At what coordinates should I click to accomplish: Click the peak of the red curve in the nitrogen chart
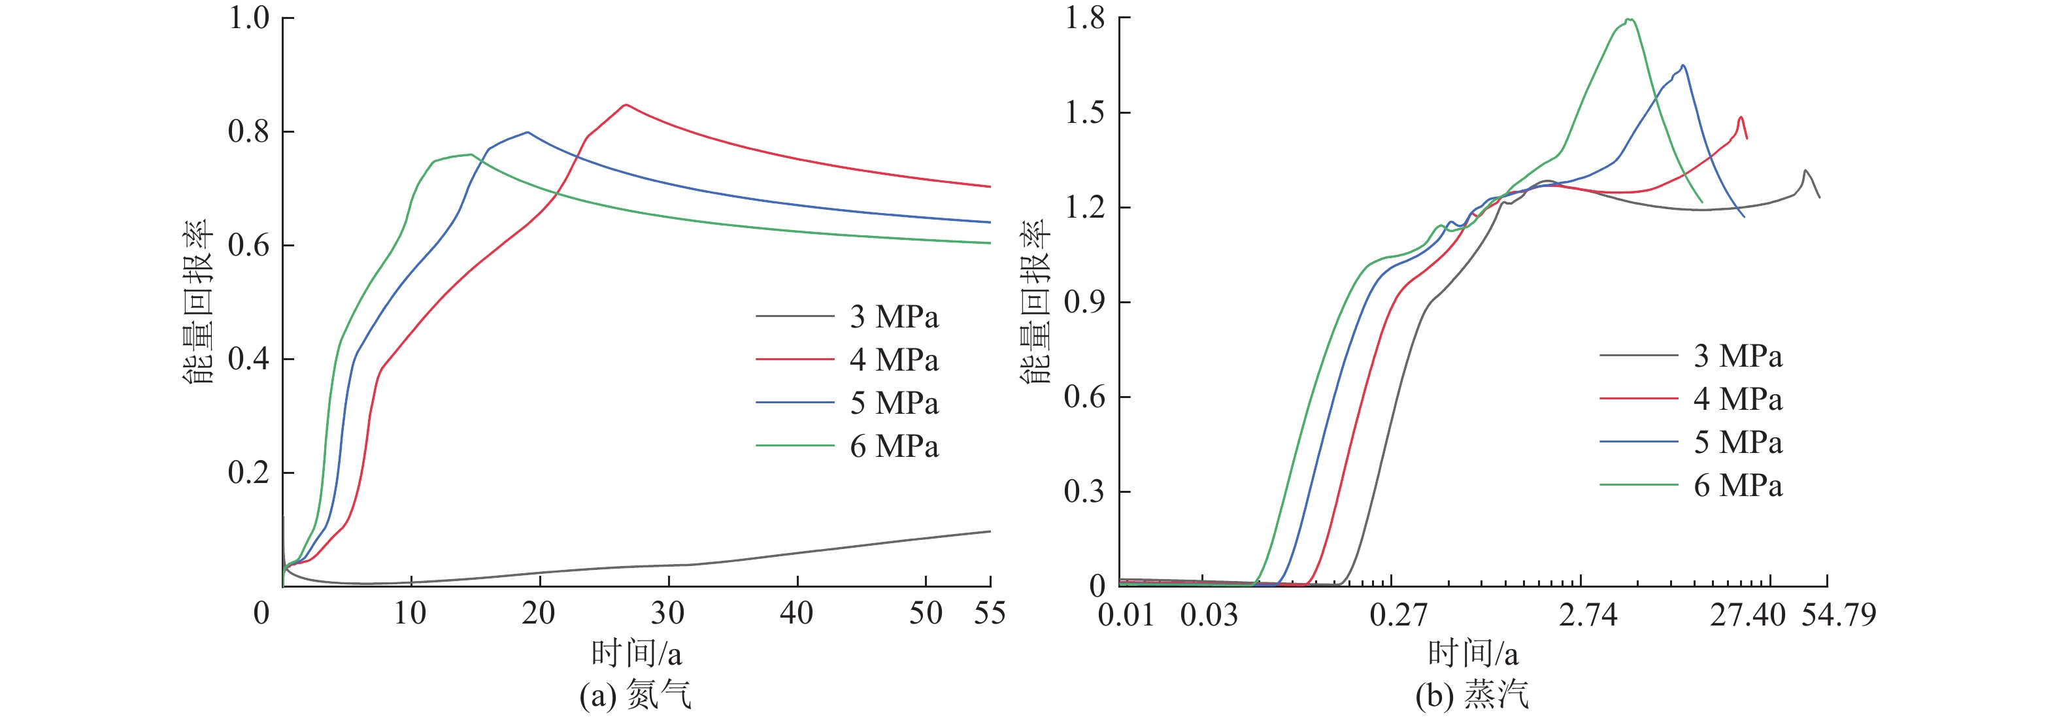click(x=625, y=105)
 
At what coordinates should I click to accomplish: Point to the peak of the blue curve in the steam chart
click(x=1683, y=65)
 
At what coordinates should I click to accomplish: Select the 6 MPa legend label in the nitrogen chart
click(x=894, y=446)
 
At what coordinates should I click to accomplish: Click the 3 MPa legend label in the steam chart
click(x=1737, y=356)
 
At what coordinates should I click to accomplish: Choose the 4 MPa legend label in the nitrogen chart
click(x=894, y=359)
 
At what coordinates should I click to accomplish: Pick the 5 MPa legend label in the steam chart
click(x=1737, y=442)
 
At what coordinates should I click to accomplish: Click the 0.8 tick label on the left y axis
click(x=248, y=131)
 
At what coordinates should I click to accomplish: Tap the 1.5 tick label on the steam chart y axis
click(x=1084, y=112)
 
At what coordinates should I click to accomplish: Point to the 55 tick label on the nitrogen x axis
click(x=990, y=613)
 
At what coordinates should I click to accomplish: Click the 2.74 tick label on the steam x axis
click(x=1588, y=614)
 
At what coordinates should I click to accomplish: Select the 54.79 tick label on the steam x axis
click(x=1838, y=614)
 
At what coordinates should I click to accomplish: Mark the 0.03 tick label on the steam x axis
click(x=1209, y=614)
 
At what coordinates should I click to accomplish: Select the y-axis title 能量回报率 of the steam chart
click(x=1036, y=302)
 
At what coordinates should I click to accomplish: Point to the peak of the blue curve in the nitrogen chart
click(x=527, y=132)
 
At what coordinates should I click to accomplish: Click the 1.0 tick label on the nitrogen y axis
click(x=248, y=18)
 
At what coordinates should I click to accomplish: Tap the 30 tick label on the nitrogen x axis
click(x=667, y=613)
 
